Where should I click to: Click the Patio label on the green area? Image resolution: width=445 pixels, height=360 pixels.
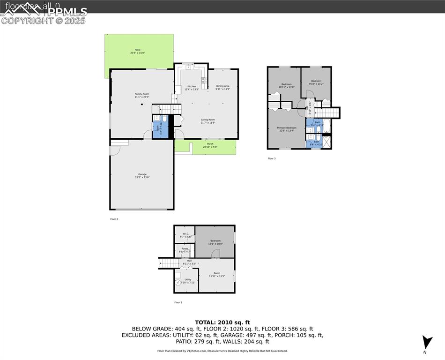coord(138,51)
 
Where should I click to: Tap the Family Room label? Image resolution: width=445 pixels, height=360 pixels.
coord(142,96)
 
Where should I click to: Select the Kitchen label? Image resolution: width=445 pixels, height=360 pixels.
coord(192,88)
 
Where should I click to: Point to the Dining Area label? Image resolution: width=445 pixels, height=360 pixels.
coord(222,87)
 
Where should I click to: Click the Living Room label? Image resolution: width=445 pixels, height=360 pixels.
coord(208,121)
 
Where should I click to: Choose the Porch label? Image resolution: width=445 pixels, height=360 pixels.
coord(210,145)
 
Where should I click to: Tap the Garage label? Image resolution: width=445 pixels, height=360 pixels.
coord(142,176)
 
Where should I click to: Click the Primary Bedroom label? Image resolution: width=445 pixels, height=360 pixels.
coord(286,129)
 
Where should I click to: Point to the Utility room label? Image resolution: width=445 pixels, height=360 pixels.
coord(187,281)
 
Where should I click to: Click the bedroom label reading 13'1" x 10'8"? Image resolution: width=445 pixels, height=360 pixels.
coord(215,242)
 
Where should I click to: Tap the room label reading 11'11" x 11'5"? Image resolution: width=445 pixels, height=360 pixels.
coord(217,274)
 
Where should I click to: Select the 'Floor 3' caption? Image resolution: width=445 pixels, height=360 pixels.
coord(272,158)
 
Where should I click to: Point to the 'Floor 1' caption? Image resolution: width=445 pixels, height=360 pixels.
coord(178,302)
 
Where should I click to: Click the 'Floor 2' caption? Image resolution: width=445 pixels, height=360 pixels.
coord(114,219)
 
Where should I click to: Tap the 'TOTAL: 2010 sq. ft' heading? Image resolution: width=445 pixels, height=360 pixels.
coord(222,322)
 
